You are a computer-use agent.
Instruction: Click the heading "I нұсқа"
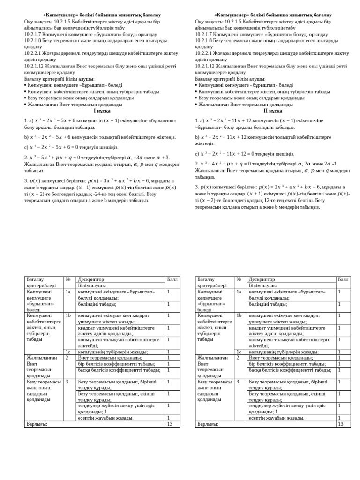[102, 111]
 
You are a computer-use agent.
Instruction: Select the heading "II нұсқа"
[273, 111]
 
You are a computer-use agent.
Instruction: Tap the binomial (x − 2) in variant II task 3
[209, 200]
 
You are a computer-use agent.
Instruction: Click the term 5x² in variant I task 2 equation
[49, 157]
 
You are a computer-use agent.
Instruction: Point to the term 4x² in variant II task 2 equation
[220, 164]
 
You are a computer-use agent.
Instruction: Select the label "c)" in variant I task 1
[26, 147]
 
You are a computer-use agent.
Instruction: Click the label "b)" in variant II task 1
[197, 137]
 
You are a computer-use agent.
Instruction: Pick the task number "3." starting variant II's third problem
[197, 187]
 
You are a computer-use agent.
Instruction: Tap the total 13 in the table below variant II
[341, 424]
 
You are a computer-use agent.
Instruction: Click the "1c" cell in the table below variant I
[68, 352]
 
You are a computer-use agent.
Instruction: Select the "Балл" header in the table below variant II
[343, 279]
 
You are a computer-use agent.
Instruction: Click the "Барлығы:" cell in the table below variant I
[37, 424]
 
